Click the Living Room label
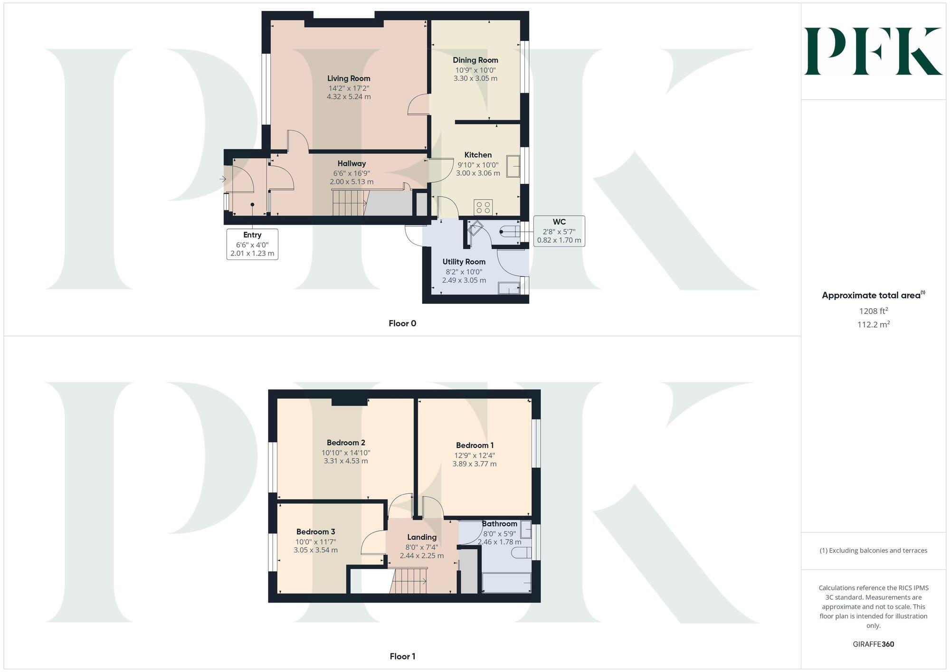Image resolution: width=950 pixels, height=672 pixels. point(349,78)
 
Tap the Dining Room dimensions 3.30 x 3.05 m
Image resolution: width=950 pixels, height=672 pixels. point(475,78)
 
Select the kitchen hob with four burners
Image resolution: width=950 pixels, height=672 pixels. point(483,207)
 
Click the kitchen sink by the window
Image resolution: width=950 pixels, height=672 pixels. point(513,166)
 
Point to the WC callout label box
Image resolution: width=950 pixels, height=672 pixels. point(559,231)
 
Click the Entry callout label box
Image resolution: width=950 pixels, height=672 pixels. point(252,244)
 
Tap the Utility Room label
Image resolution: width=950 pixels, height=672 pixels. point(464,262)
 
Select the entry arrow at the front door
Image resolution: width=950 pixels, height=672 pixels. point(223,179)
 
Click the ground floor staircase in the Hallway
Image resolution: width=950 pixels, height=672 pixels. point(349,202)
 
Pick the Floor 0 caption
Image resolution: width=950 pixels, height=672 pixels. point(402,323)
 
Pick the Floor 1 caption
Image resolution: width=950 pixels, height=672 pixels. point(402,656)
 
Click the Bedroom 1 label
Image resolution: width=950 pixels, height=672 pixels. point(475,445)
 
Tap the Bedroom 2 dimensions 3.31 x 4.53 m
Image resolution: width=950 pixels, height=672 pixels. point(346,461)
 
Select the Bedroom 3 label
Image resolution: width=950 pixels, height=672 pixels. point(315,532)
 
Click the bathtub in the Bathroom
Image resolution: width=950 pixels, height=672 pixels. point(506,583)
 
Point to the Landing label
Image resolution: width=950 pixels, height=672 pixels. point(422,537)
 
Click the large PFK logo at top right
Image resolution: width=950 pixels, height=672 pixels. point(873,51)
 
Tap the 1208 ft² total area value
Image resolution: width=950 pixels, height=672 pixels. point(874,312)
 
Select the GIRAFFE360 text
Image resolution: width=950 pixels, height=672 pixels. point(873,644)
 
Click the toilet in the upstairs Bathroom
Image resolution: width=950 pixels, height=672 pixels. point(521,553)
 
